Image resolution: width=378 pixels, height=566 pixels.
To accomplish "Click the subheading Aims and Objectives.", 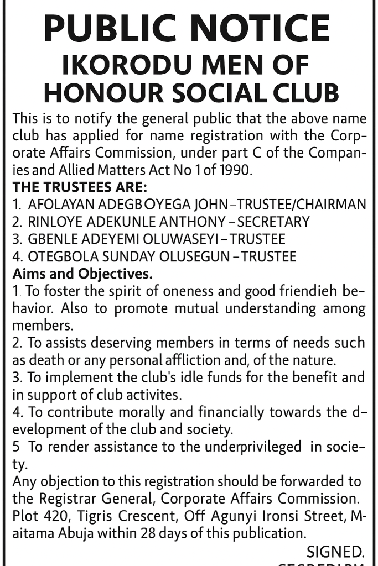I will [x=82, y=274].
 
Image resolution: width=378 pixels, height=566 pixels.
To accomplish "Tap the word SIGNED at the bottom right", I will [x=335, y=551].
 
